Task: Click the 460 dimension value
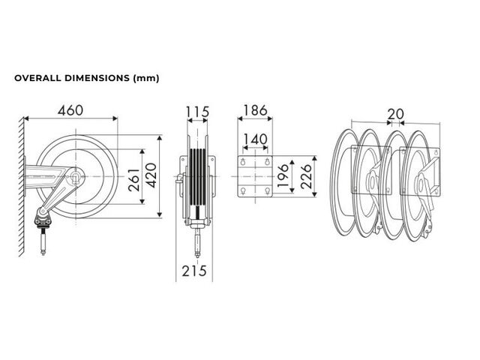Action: point(70,110)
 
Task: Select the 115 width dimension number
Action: point(197,112)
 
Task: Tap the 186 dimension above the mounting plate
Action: point(255,110)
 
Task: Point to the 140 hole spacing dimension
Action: point(255,139)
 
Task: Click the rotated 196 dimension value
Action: point(283,176)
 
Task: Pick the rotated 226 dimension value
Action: point(306,176)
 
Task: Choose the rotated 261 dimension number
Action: point(134,180)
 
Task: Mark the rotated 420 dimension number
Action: point(151,175)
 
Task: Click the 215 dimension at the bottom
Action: point(194,271)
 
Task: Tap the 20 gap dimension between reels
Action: point(396,114)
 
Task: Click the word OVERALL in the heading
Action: point(38,78)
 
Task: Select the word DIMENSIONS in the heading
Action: point(97,78)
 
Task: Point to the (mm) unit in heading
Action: point(146,78)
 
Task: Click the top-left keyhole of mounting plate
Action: point(243,162)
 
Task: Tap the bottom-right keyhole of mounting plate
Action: point(267,191)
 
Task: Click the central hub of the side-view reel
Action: point(75,176)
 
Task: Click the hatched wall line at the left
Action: point(21,186)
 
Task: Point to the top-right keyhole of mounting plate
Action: point(267,162)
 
